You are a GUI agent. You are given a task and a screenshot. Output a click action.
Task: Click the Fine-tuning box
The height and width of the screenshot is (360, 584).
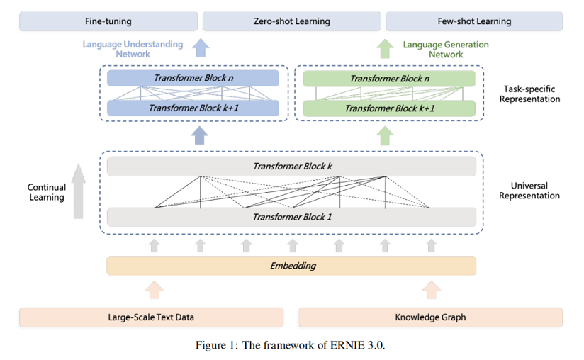[108, 21]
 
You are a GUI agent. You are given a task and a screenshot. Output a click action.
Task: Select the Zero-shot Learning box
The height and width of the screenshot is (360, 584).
[291, 21]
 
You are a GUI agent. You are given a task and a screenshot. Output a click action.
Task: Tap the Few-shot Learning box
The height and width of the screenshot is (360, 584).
[474, 21]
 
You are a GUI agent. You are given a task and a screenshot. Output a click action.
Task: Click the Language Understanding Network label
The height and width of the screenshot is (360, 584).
[133, 49]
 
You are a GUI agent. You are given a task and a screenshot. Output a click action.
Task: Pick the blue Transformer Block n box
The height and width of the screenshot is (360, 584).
[193, 79]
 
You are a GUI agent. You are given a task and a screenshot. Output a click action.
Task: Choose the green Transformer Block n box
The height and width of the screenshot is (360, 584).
[388, 79]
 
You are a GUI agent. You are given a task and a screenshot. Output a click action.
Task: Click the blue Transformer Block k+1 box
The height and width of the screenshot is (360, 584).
[193, 108]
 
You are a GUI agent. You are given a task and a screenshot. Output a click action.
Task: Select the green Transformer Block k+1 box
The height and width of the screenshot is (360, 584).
[388, 108]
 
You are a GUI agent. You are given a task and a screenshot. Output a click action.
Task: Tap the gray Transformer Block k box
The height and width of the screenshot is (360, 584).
[291, 167]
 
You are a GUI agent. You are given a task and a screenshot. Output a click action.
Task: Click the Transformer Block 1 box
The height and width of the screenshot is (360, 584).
[291, 216]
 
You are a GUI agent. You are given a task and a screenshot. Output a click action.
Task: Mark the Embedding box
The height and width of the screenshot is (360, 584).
[291, 266]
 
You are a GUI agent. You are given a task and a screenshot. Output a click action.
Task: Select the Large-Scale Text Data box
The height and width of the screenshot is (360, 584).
[151, 317]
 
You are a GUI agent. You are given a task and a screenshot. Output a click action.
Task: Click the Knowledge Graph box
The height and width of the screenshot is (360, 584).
[430, 317]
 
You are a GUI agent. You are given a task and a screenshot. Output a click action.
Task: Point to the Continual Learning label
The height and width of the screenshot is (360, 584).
[47, 192]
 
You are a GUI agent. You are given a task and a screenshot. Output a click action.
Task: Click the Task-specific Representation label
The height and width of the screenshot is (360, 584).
[529, 94]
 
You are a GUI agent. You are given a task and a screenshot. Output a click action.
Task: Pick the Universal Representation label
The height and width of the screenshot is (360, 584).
[529, 191]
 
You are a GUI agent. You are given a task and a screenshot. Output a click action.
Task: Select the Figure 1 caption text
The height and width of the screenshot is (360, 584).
[291, 346]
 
